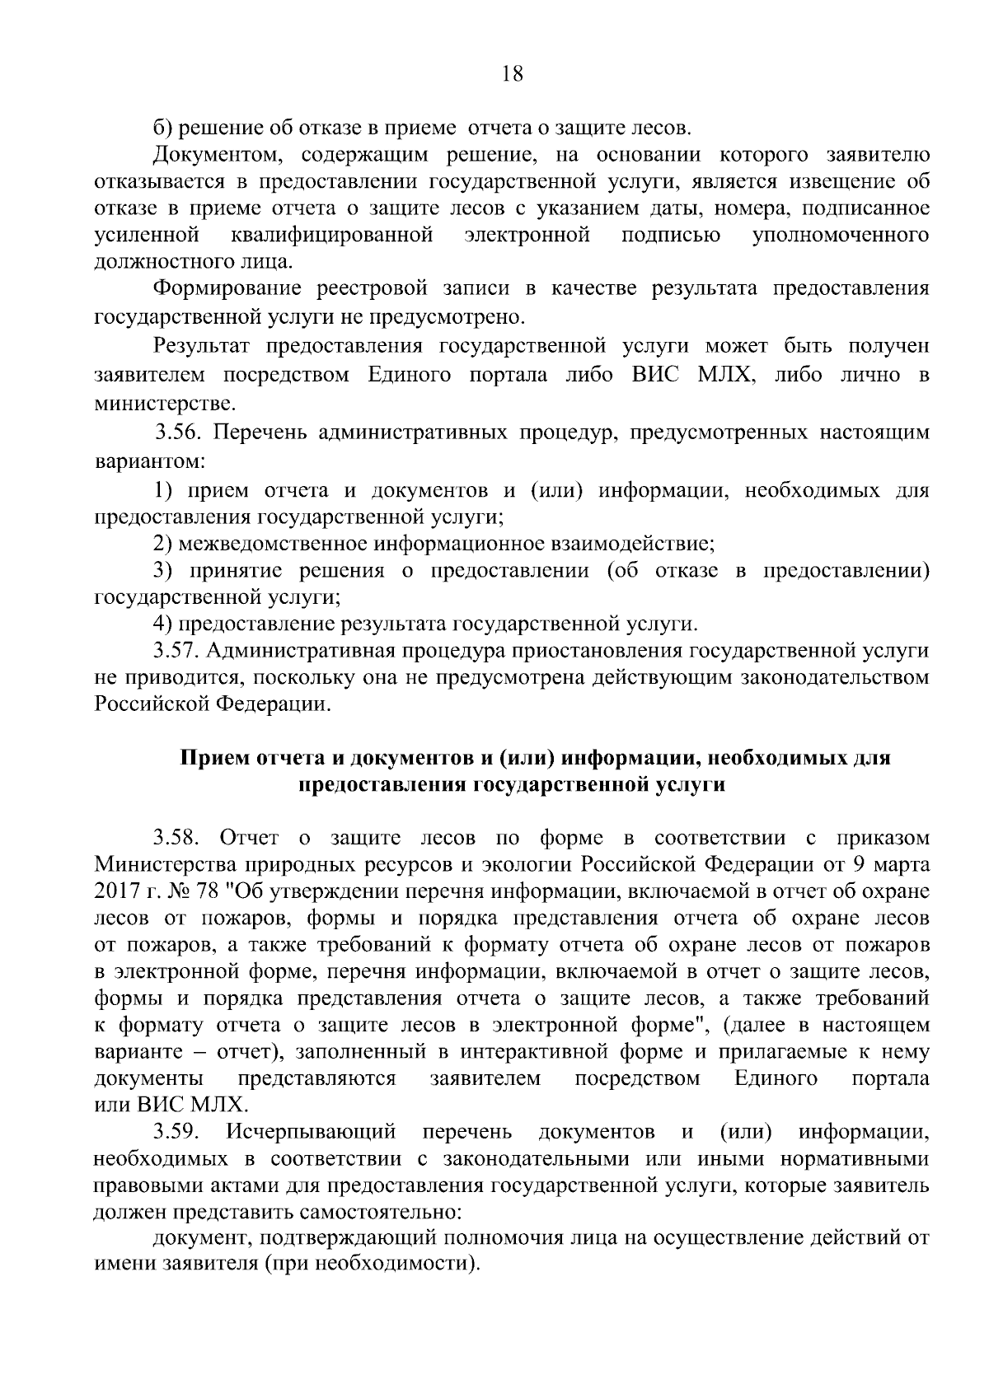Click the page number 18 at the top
pos(512,74)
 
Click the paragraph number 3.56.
pos(178,432)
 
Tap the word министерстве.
pos(165,404)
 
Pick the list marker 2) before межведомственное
pos(163,544)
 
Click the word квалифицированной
pos(332,236)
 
